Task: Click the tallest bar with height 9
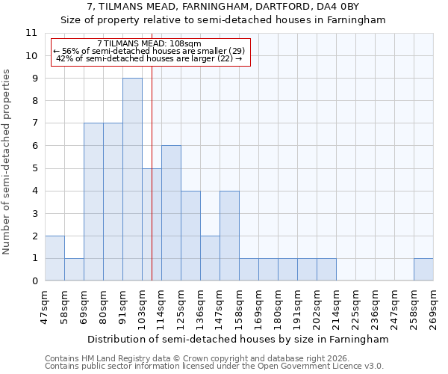[x=132, y=180]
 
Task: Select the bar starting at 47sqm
[x=55, y=258]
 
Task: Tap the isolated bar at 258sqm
[x=423, y=269]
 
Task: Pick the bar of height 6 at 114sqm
[x=171, y=213]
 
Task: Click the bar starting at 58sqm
[x=74, y=269]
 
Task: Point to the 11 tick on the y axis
[x=31, y=33]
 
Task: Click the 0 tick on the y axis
[x=34, y=281]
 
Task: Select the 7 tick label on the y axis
[x=34, y=123]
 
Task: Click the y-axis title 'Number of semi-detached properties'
[x=7, y=162]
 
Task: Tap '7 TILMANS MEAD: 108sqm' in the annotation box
[x=149, y=44]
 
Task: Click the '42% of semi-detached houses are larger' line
[x=149, y=58]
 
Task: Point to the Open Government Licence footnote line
[x=214, y=367]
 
